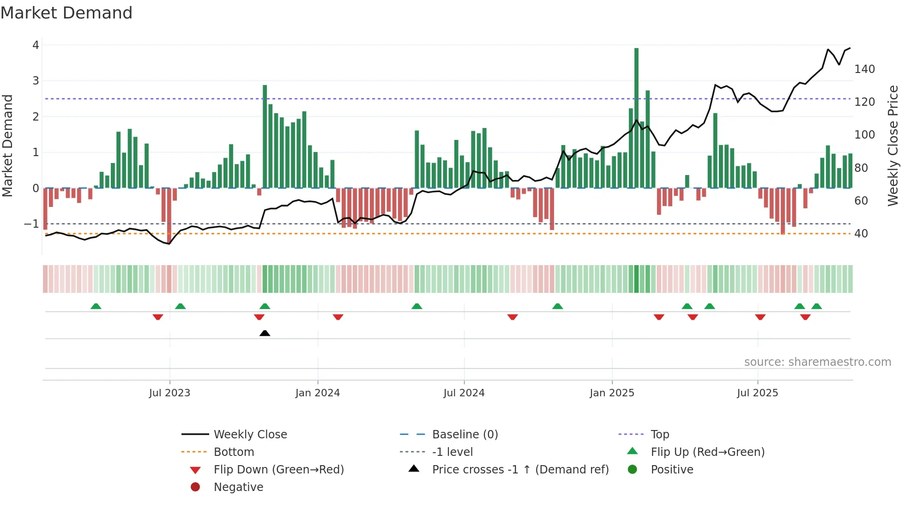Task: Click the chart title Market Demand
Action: (66, 12)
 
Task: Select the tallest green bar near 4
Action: (636, 118)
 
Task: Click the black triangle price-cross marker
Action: (265, 333)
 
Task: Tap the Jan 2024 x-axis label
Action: (317, 393)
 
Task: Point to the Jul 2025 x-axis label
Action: (757, 393)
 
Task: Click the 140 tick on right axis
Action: (864, 69)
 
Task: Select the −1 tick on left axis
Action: (31, 224)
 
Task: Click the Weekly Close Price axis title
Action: (893, 145)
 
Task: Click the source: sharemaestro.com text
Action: (817, 362)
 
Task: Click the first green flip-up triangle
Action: (96, 306)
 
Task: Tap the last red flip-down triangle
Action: (805, 317)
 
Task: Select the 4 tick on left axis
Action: (36, 45)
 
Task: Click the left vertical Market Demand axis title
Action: (7, 145)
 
